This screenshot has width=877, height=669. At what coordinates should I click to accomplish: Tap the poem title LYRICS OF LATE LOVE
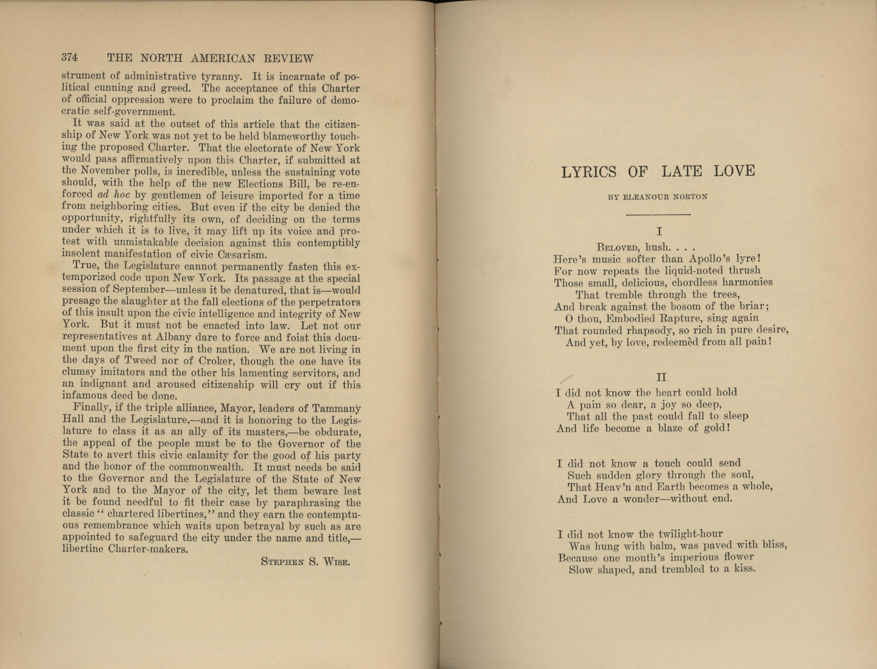point(658,172)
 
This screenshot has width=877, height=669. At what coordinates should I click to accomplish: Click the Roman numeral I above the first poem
point(659,231)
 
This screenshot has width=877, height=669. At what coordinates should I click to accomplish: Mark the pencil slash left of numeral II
point(567,380)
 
